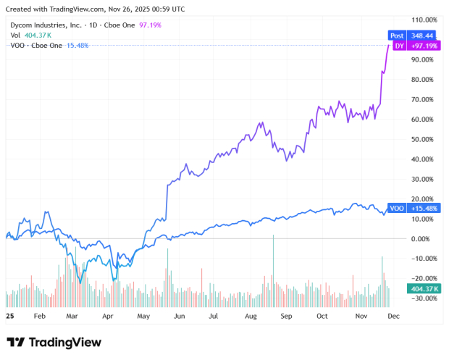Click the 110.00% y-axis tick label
(x=424, y=20)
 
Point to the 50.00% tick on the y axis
(x=424, y=139)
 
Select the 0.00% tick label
(x=425, y=238)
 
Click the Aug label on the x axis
(x=251, y=317)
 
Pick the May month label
(x=143, y=317)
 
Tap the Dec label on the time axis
(x=393, y=317)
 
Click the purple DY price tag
(x=398, y=46)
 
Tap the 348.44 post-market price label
(x=421, y=35)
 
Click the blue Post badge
(x=397, y=35)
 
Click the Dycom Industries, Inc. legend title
(x=43, y=25)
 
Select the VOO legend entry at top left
(x=19, y=45)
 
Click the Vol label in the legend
(x=15, y=35)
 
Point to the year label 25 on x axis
(x=9, y=317)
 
